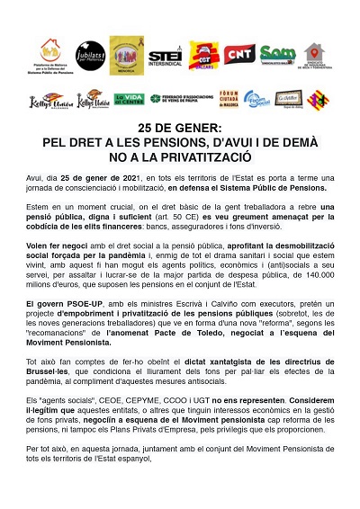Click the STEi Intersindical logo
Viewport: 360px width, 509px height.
(164, 56)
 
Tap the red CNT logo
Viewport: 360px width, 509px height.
(238, 55)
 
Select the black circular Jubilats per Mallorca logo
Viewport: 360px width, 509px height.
(88, 54)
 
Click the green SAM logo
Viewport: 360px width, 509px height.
(277, 54)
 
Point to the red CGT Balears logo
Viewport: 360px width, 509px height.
(202, 55)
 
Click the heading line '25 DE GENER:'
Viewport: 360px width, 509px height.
(179, 130)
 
